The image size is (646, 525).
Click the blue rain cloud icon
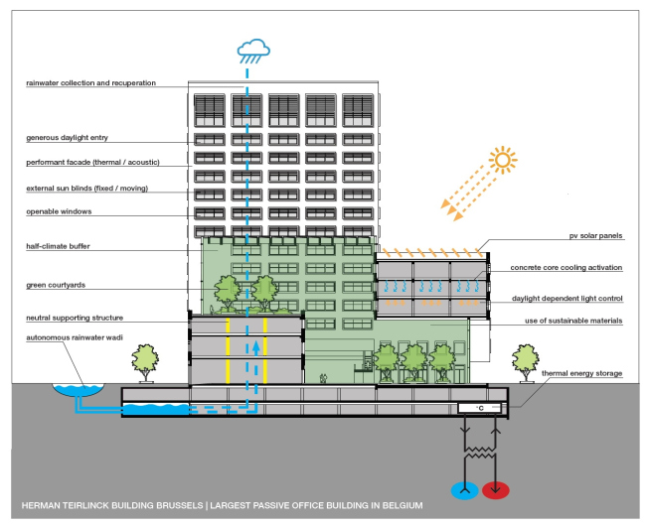252,47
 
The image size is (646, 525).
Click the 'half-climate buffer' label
61,246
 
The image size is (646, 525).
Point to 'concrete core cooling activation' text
566,268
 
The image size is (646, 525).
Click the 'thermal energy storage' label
581,373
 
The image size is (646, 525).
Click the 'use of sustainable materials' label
572,322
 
